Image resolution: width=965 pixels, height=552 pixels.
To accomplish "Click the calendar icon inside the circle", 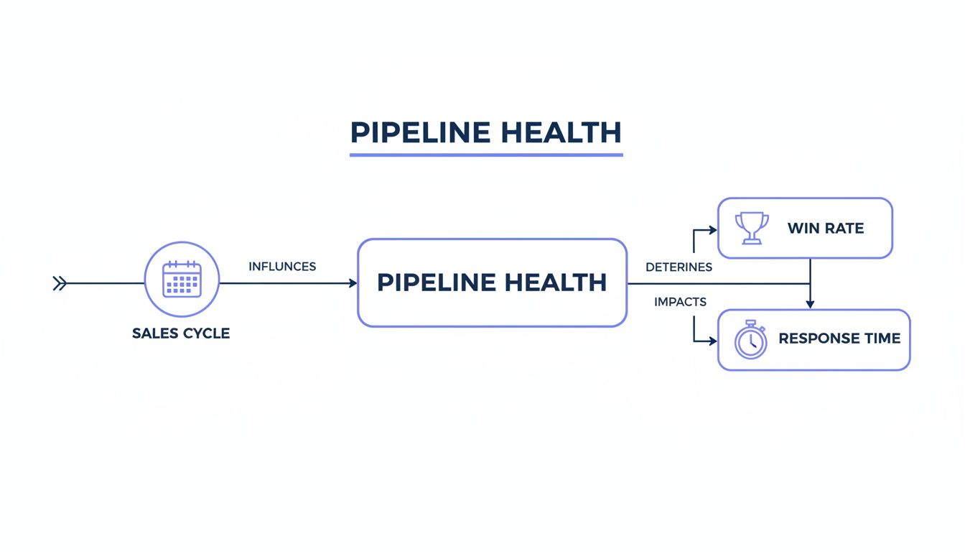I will (182, 279).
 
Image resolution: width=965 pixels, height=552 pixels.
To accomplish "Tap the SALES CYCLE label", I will (181, 333).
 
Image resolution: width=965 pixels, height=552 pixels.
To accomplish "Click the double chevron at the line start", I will (60, 284).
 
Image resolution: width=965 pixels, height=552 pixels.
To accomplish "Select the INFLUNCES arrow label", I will (282, 267).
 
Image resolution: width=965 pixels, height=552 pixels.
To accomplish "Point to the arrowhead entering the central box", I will (353, 284).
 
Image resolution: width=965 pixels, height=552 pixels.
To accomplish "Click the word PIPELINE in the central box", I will (434, 282).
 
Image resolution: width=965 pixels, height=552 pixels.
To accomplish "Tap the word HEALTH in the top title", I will (561, 133).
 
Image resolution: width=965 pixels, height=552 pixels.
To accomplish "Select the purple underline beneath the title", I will (486, 154).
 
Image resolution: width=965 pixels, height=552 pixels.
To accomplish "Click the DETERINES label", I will (679, 267).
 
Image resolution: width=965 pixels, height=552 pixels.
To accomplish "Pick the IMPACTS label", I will (680, 302).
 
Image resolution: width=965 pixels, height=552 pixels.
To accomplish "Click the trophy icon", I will (752, 228).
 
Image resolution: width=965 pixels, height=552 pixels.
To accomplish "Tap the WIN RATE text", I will (825, 229).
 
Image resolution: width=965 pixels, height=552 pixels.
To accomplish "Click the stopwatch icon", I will (750, 340).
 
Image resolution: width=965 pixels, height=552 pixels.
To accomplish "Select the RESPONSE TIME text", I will (839, 339).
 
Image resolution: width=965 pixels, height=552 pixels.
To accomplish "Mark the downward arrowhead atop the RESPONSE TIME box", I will (810, 305).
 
